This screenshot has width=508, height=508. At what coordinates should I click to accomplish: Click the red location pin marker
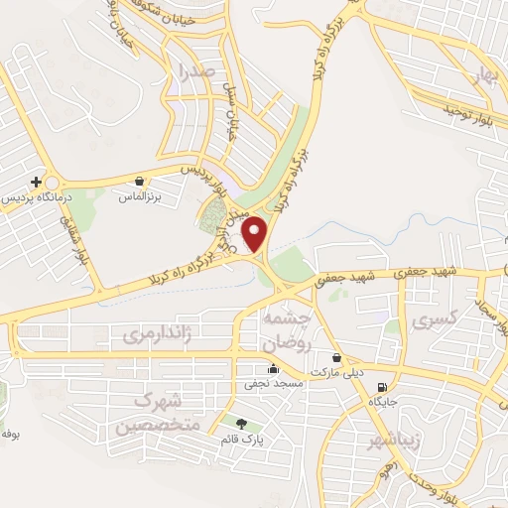point(255,234)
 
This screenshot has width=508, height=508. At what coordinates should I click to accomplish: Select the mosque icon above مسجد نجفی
point(273,368)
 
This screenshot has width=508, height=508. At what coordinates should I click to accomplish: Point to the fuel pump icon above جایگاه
point(382,387)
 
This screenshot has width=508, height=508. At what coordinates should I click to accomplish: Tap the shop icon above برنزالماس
point(140,182)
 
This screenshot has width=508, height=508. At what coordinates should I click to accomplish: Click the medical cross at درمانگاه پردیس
point(37,182)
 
